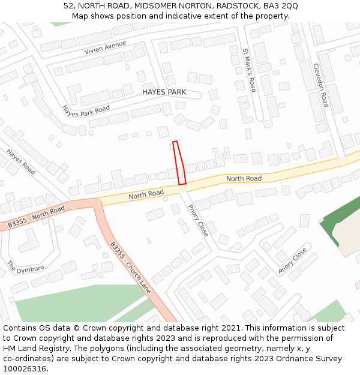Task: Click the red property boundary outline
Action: tap(179, 163)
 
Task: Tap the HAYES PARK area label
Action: tap(164, 92)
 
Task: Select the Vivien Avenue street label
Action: tap(106, 47)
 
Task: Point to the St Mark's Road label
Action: tap(249, 70)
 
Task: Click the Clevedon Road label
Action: tap(321, 85)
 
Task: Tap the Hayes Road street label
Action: tap(21, 161)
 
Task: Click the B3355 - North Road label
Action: tap(36, 218)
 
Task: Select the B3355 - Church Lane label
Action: tap(130, 268)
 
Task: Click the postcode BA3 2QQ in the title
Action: tap(281, 5)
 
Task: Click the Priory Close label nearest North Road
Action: tap(198, 220)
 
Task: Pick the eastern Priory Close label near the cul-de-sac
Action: tap(292, 261)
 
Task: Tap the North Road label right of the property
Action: tap(244, 179)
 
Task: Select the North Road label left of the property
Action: tap(146, 194)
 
